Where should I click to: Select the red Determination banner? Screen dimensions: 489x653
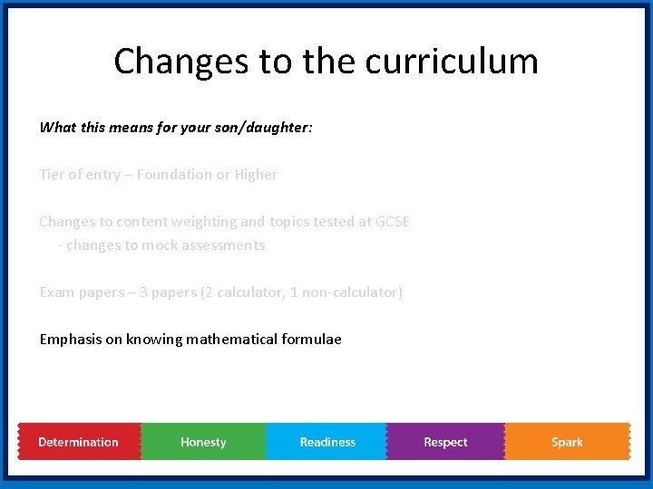[x=79, y=442]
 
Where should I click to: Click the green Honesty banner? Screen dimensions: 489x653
[x=203, y=442]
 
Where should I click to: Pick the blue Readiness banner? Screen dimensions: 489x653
[x=327, y=442]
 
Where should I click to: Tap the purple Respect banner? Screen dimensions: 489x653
[x=445, y=442]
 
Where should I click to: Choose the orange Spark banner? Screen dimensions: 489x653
[x=567, y=442]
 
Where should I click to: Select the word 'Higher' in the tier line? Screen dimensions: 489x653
[x=256, y=175]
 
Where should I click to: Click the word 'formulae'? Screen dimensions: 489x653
[x=311, y=340]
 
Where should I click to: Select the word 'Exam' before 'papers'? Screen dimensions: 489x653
[x=56, y=292]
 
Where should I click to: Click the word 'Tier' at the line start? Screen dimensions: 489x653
[x=52, y=175]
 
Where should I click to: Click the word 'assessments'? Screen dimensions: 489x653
[x=222, y=245]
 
